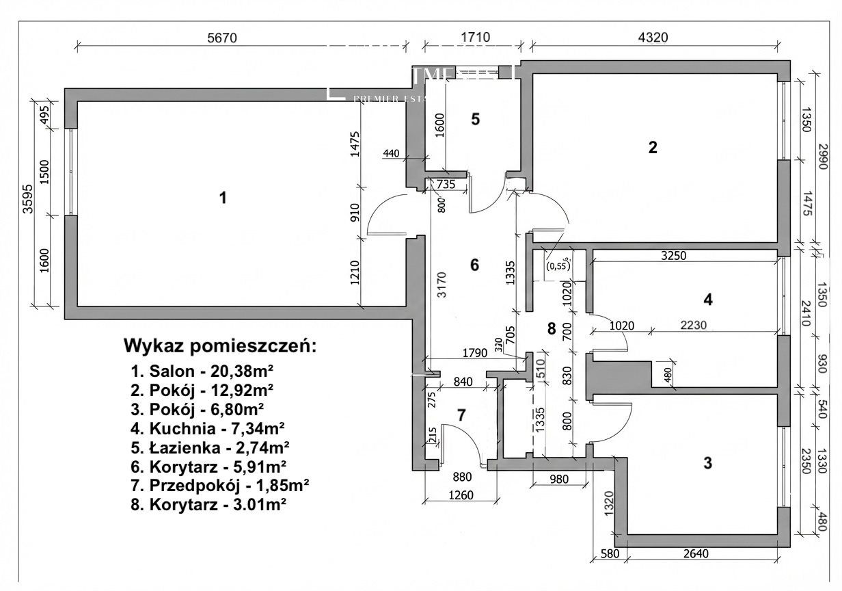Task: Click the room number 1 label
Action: point(222,198)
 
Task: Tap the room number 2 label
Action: point(653,147)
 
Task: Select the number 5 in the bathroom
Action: point(475,119)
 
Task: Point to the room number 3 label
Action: point(708,463)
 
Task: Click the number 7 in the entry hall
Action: point(461,415)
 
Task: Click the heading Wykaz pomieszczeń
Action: point(220,346)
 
